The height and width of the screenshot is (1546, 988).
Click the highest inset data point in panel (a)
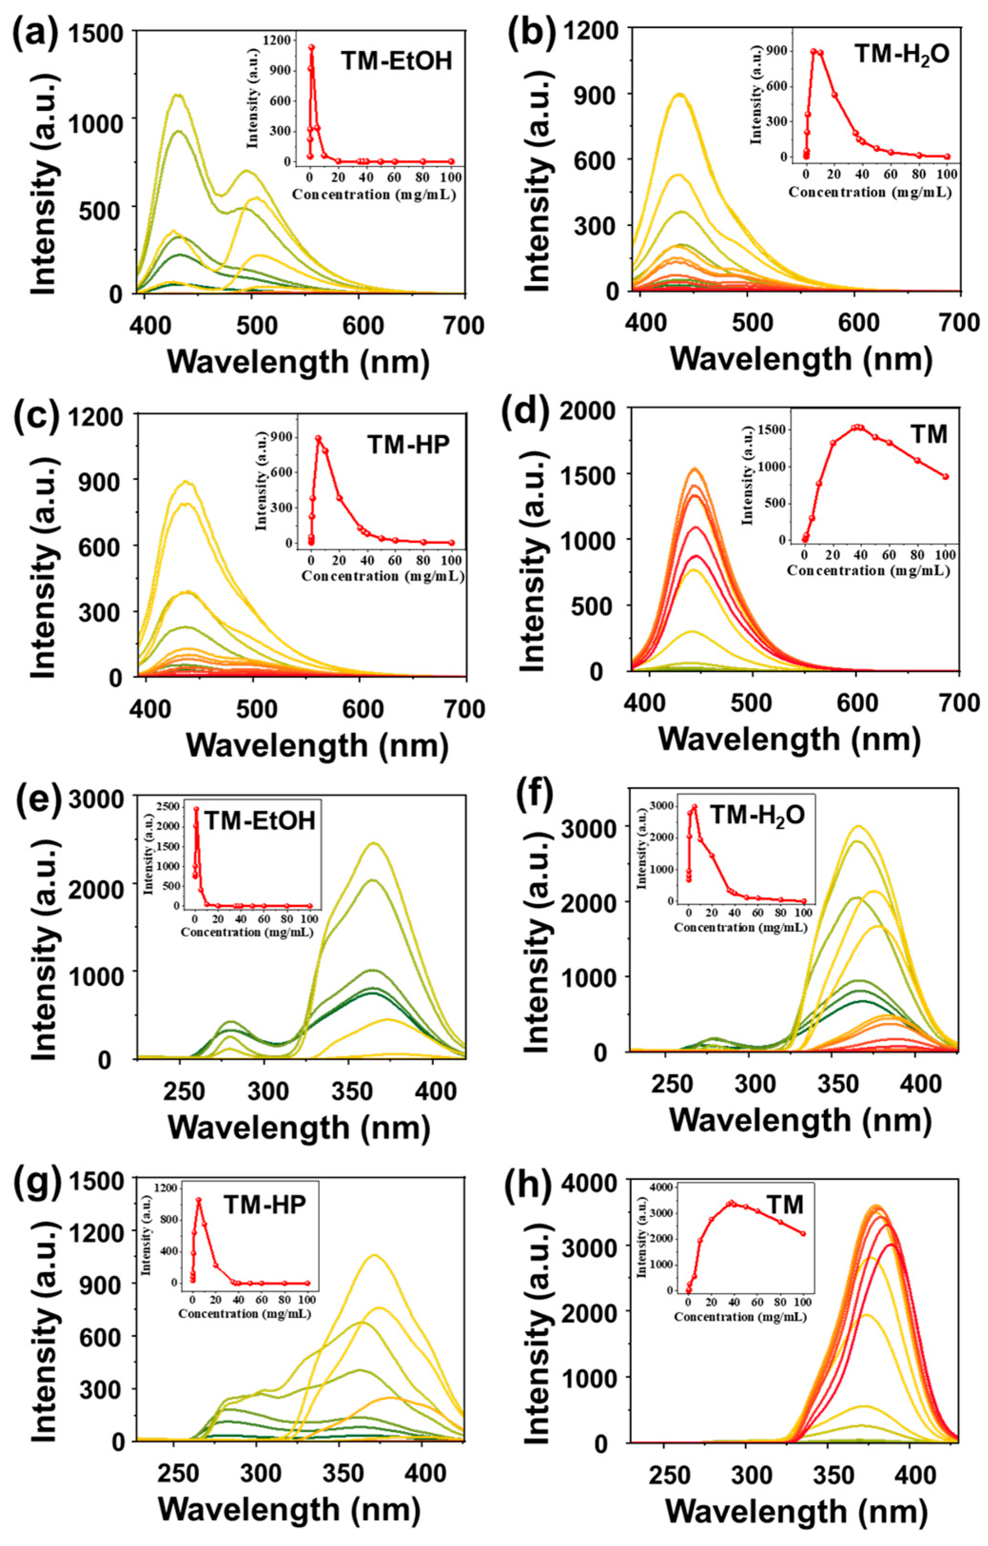(311, 48)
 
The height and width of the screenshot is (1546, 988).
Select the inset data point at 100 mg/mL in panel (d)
(946, 476)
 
